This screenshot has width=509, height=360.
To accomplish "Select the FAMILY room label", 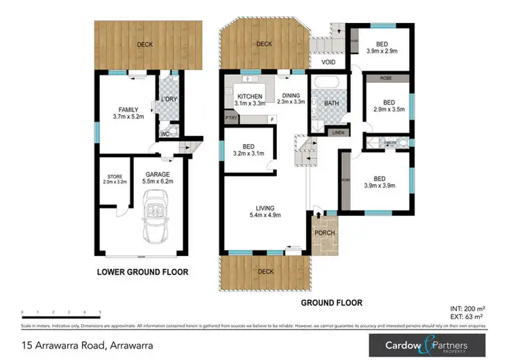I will (128, 109).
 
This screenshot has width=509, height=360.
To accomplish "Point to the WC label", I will (164, 134).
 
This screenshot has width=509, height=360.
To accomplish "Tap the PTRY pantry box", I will (231, 118).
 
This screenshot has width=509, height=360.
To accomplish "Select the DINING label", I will (290, 96).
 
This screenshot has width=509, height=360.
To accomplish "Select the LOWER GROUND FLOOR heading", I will (142, 272).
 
